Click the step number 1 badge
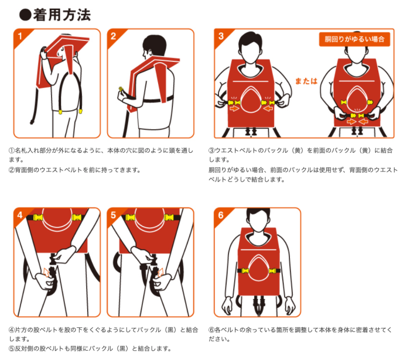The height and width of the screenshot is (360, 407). [20, 36]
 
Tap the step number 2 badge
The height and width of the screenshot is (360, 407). [114, 36]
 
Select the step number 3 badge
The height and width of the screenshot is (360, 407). [221, 36]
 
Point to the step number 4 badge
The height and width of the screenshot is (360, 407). [20, 215]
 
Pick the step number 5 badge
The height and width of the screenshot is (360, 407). [114, 215]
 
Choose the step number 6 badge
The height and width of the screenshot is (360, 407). [221, 215]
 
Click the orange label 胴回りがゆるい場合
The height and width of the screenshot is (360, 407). [354, 39]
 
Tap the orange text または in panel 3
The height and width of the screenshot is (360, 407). [306, 81]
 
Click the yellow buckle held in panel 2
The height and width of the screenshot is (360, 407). [121, 89]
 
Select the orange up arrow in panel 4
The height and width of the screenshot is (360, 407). [47, 272]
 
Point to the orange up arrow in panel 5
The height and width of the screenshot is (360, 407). [160, 272]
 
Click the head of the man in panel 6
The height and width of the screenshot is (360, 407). [258, 221]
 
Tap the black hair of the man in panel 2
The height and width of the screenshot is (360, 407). [155, 44]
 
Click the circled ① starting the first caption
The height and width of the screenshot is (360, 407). [12, 150]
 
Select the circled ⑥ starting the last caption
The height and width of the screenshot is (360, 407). [211, 330]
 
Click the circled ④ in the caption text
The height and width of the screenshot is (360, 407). [12, 330]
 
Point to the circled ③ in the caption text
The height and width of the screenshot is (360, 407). [211, 150]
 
